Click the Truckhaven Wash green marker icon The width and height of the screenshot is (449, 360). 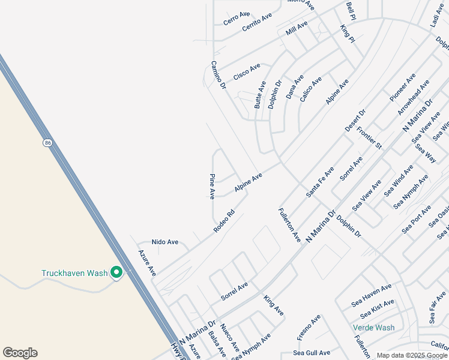116,273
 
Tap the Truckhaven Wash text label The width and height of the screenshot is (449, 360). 74,273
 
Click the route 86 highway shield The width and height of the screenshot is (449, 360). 47,143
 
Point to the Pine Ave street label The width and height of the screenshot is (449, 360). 212,187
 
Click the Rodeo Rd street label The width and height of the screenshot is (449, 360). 223,221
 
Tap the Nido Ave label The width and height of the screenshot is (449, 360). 165,242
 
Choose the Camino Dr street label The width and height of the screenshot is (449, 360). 218,75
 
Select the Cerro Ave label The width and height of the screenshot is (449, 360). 237,19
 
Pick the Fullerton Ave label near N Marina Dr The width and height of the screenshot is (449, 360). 289,225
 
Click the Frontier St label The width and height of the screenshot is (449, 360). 369,137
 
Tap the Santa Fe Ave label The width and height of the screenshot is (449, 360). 321,182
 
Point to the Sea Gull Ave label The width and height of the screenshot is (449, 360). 312,353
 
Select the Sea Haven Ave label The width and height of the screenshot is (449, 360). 372,292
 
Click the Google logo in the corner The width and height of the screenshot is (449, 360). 20,353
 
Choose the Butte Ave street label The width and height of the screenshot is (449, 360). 260,94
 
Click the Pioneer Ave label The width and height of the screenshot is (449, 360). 402,87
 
